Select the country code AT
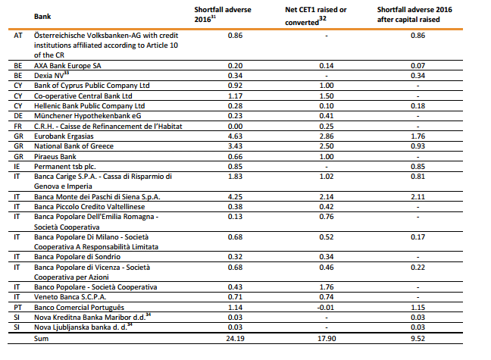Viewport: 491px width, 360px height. pyautogui.click(x=17, y=36)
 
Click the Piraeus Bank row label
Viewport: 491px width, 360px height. pyautogui.click(x=59, y=155)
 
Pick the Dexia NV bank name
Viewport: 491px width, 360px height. pyautogui.click(x=53, y=76)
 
